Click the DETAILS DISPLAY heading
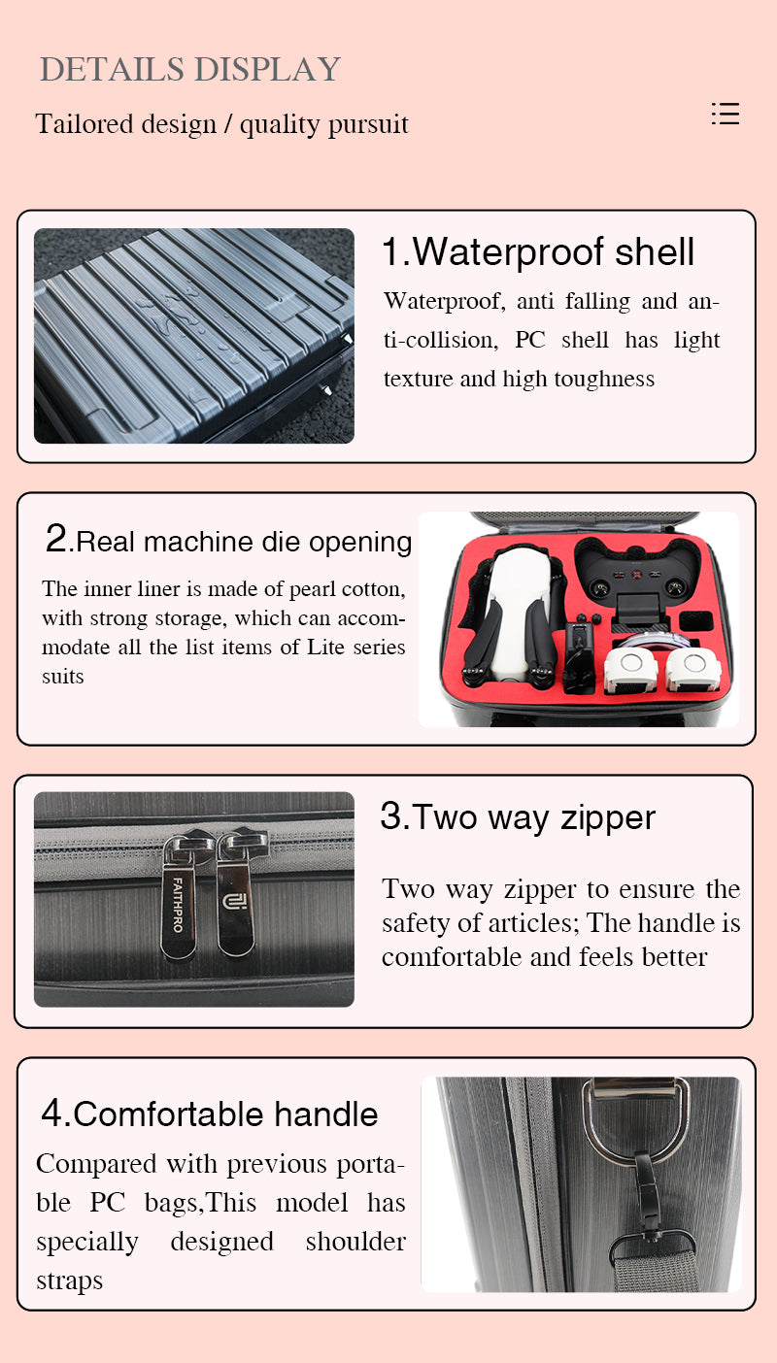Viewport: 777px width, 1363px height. pos(190,70)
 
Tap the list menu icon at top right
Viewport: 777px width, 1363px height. pos(725,114)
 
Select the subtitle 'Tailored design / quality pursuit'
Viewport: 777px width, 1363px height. pos(221,124)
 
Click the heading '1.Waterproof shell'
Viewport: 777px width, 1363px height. pos(537,251)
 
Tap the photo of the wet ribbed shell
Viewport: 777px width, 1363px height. pos(193,335)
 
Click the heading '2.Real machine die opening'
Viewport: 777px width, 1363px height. pos(229,540)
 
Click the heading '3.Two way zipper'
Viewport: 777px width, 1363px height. pos(518,816)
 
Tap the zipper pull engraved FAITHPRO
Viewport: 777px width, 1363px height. pos(180,898)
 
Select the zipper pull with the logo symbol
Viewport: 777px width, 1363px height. pos(235,898)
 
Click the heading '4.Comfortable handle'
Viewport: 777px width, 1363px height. pos(210,1114)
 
